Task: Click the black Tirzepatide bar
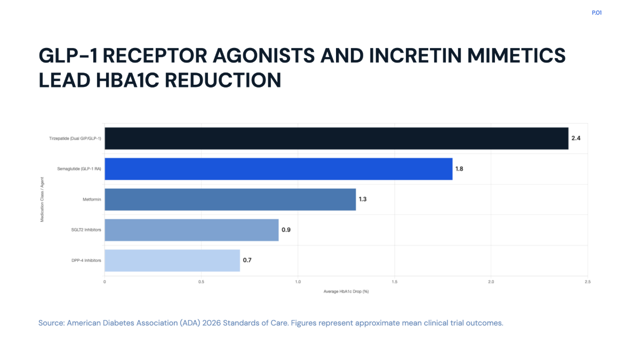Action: tap(337, 138)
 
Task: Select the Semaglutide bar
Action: tap(278, 169)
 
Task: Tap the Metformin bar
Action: tap(230, 199)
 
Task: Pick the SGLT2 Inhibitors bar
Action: tap(191, 230)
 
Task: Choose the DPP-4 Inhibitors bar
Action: tap(172, 261)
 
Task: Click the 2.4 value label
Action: tap(575, 138)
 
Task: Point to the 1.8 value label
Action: tap(459, 169)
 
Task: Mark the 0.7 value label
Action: tap(247, 260)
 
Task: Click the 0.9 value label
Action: tap(286, 230)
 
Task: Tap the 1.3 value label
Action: tap(363, 199)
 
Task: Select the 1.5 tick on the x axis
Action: tap(394, 282)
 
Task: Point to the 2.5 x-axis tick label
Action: tap(587, 282)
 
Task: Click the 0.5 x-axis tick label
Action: tap(201, 282)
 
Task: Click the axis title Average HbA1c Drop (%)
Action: tap(346, 291)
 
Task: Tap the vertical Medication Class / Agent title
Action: tap(42, 199)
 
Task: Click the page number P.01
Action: tap(597, 13)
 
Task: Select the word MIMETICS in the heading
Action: tap(516, 55)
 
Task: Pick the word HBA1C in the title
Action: tap(127, 81)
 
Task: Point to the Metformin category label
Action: tap(92, 199)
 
